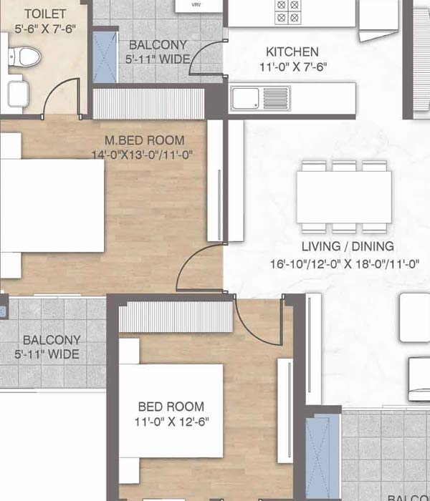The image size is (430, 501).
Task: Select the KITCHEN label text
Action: point(292,52)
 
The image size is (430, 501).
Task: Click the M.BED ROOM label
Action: point(144,140)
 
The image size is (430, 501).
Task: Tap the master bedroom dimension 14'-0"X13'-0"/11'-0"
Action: point(143,155)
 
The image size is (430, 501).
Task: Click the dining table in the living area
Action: point(345,197)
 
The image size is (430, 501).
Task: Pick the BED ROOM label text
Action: point(171,407)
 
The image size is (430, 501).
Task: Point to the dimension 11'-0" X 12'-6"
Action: point(171,421)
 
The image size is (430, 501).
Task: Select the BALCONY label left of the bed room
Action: point(52,340)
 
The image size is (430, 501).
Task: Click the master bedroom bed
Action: point(54,205)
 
